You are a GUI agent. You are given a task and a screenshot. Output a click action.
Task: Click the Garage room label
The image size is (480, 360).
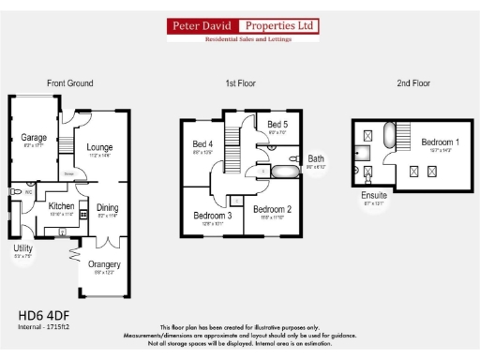(34, 138)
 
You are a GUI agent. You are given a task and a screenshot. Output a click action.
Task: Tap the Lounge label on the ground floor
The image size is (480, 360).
(100, 147)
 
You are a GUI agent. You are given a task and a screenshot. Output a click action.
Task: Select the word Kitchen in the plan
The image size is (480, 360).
(62, 206)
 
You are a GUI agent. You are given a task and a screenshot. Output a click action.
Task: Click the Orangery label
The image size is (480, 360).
(104, 264)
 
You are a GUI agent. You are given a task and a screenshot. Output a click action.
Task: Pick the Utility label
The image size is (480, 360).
(22, 248)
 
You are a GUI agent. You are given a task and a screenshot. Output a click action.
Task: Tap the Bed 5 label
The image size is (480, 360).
(277, 125)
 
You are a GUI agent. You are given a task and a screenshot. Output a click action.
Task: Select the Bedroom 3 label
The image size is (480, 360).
(212, 216)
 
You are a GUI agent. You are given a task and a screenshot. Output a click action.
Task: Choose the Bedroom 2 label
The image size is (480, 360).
(273, 209)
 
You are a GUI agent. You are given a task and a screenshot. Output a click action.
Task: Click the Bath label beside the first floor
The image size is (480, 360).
(316, 158)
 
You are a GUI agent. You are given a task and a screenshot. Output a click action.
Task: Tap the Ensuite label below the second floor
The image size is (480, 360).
(375, 194)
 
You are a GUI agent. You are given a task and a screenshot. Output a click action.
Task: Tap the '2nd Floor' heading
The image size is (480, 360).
(412, 83)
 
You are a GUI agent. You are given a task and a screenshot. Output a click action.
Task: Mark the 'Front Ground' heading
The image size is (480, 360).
(70, 83)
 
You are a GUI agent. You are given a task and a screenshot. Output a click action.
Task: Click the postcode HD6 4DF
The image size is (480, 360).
(43, 315)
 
